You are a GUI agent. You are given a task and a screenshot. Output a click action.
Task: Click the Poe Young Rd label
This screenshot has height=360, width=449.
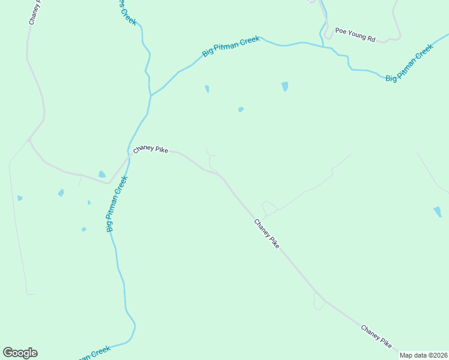(x=355, y=35)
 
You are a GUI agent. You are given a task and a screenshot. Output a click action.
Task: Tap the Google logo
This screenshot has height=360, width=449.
(x=20, y=353)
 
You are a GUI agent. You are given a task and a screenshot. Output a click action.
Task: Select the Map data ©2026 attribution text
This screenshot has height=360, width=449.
(x=424, y=355)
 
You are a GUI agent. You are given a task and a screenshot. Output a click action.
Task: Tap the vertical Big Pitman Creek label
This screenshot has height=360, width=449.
(x=117, y=204)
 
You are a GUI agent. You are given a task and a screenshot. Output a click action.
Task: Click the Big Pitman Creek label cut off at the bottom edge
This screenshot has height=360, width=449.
(x=93, y=353)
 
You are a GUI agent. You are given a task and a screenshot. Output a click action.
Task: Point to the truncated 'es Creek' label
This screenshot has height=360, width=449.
(x=127, y=12)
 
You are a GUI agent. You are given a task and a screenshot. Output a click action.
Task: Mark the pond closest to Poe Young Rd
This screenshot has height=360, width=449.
(x=285, y=86)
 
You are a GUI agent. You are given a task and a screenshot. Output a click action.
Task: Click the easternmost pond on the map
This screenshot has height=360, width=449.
(x=438, y=211)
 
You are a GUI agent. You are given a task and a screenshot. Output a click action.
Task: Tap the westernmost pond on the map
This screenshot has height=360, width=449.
(x=20, y=198)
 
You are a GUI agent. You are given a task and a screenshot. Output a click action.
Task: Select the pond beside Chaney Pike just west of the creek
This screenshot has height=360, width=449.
(x=102, y=175)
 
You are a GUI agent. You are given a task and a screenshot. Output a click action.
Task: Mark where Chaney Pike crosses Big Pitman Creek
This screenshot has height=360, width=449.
(x=128, y=158)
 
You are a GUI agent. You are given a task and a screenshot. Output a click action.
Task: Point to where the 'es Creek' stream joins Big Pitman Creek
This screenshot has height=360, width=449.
(x=151, y=95)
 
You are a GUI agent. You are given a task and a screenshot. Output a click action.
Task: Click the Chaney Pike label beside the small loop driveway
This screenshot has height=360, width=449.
(x=267, y=234)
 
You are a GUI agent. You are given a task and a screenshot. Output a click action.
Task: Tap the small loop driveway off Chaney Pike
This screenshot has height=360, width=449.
(x=269, y=208)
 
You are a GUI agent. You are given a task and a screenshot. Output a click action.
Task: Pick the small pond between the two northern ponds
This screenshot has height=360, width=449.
(x=241, y=109)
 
